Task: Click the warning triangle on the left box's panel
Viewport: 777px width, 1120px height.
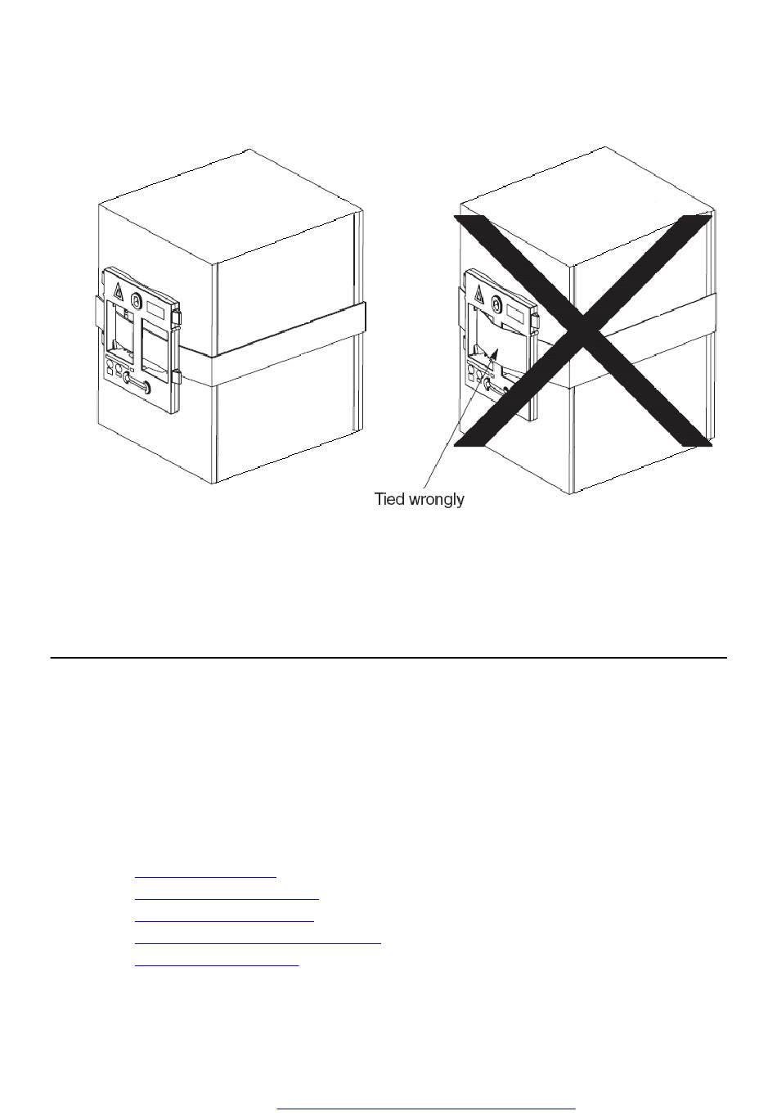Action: [x=119, y=290]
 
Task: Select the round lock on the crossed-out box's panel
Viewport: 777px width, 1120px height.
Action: [x=496, y=303]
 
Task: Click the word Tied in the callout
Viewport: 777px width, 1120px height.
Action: [x=389, y=499]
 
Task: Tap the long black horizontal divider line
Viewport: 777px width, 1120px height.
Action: [x=388, y=658]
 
